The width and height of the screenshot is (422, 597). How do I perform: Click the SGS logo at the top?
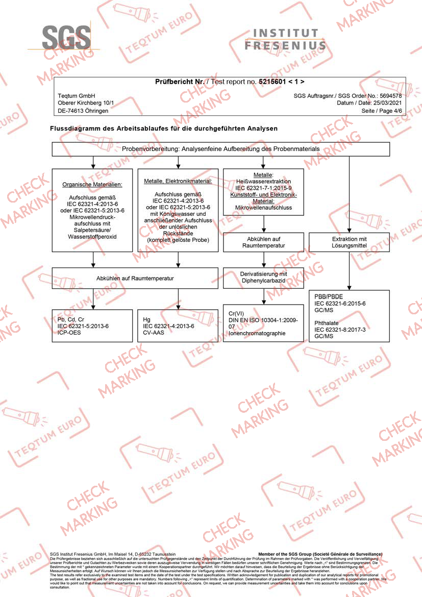point(66,37)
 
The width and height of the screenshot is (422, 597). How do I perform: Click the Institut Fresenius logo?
point(285,39)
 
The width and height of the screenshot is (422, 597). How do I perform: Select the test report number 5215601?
point(272,82)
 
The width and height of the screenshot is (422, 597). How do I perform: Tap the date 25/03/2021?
point(387,103)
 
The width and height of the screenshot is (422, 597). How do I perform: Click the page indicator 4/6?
point(395,111)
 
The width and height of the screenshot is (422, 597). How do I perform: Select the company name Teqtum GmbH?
point(77,96)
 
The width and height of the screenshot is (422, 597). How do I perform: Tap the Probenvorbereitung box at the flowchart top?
point(221,148)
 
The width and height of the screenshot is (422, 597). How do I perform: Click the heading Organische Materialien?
point(92,184)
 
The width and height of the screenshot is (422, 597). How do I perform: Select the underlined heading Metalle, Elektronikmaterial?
point(178,181)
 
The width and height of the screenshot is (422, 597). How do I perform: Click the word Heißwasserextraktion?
point(263,182)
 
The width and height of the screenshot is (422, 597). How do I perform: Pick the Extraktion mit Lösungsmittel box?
point(349,242)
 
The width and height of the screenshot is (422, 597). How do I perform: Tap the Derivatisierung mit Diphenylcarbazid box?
point(263,277)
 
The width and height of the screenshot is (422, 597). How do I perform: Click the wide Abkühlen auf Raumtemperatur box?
point(135,278)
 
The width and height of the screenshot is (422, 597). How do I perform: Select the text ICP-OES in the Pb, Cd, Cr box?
point(69,332)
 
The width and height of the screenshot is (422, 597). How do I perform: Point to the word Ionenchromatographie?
point(257,333)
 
